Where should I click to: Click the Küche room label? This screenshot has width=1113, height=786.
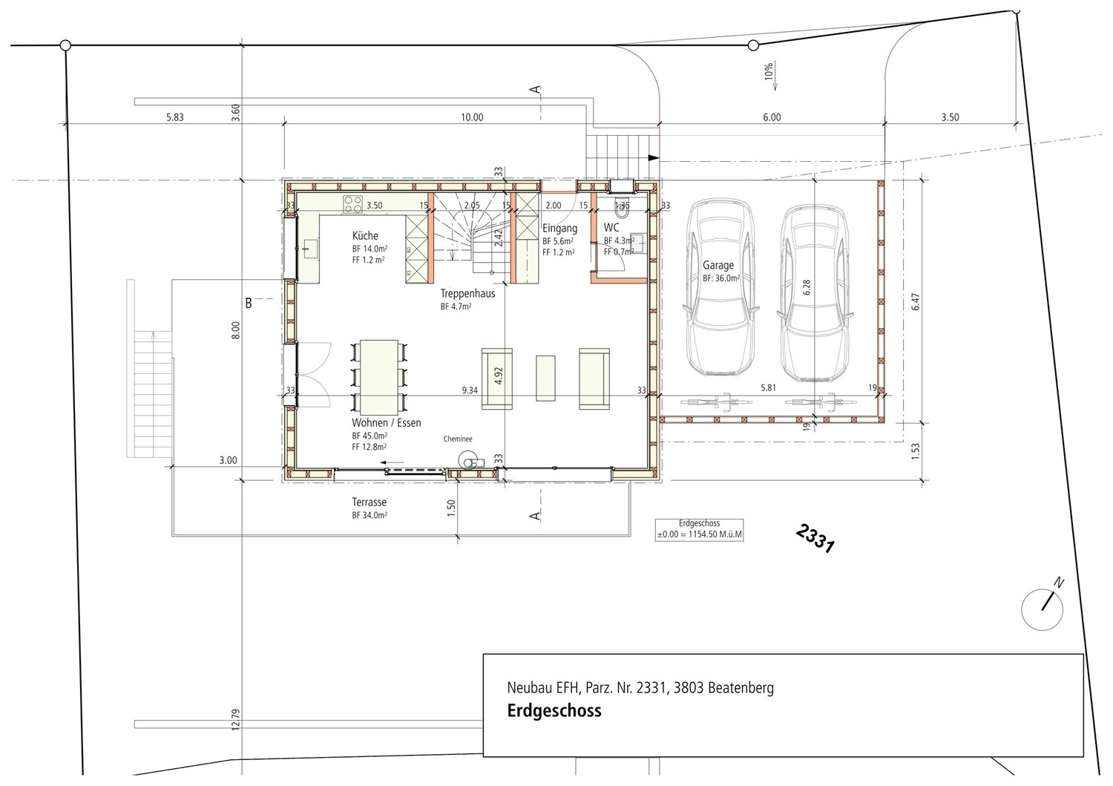click(x=365, y=236)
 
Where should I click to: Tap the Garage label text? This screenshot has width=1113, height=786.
click(x=718, y=264)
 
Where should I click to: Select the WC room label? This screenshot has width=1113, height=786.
click(x=611, y=227)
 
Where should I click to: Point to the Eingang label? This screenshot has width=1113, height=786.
click(x=559, y=228)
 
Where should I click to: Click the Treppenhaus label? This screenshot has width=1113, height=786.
click(x=467, y=293)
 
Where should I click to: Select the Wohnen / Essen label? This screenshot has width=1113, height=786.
click(x=386, y=423)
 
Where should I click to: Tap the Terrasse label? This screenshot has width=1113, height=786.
click(x=370, y=502)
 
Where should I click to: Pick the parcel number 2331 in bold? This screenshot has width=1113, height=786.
click(x=815, y=540)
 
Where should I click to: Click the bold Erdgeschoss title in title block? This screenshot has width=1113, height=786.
click(x=554, y=711)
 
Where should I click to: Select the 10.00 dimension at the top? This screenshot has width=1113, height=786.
click(x=472, y=117)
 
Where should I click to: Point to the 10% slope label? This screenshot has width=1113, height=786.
click(x=769, y=71)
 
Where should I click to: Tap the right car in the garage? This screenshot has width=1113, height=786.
click(x=814, y=291)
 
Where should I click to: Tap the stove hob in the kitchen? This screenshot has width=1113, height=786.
click(x=352, y=203)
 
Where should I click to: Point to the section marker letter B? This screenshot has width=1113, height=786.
click(x=249, y=303)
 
